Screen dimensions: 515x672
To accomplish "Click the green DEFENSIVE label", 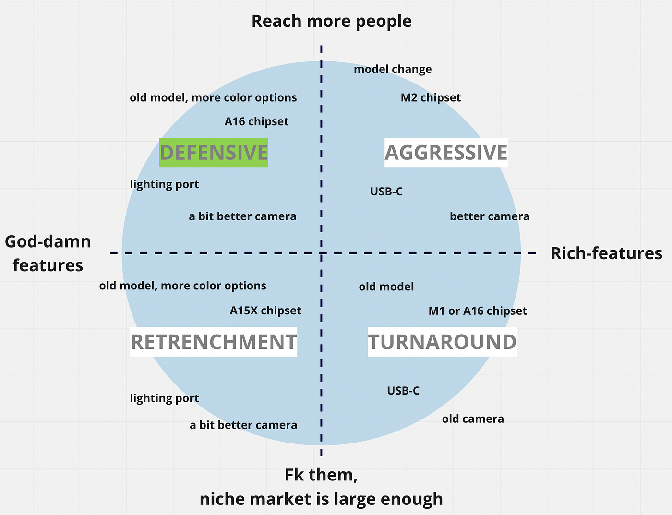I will click(214, 153).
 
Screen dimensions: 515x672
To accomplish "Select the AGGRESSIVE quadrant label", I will click(446, 153).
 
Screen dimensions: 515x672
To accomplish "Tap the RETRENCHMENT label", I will click(214, 342).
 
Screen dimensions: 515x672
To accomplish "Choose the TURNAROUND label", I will click(442, 342).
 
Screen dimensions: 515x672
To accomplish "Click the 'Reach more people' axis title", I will click(331, 21).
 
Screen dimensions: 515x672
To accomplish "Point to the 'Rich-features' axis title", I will click(606, 253).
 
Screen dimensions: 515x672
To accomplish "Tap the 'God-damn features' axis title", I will click(48, 253).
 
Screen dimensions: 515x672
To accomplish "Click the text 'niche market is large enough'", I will click(321, 499).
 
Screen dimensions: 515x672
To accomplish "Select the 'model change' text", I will click(393, 69).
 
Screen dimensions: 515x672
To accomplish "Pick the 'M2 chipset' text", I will click(431, 98).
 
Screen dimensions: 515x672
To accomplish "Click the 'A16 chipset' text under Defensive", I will click(256, 121).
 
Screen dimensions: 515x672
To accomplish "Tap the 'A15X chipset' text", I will click(265, 311).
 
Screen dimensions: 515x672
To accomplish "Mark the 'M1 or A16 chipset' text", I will click(478, 311).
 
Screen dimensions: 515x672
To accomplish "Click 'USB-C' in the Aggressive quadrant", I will click(386, 192).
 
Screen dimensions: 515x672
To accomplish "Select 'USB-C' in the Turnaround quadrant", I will click(403, 391).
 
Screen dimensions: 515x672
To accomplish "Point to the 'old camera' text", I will click(473, 419).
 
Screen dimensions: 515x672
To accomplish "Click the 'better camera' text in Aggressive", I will click(490, 216).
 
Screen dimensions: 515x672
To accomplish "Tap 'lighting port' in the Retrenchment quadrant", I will click(164, 398).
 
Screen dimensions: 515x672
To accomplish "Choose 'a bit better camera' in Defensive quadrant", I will click(242, 216).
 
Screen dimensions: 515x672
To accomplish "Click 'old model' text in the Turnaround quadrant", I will click(386, 287).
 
